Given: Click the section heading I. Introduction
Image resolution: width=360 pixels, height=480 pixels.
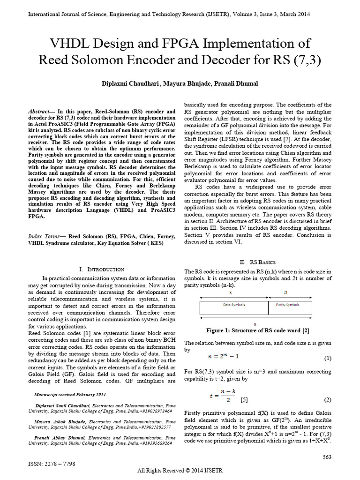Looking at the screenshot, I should click(102, 269).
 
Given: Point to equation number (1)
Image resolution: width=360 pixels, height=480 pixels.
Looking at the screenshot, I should click(328, 359).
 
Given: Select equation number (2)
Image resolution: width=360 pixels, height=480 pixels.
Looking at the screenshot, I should click(328, 400).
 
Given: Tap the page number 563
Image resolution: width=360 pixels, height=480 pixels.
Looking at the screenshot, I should click(327, 457).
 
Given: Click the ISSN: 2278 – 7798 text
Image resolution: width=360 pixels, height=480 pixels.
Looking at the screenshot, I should click(52, 463).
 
